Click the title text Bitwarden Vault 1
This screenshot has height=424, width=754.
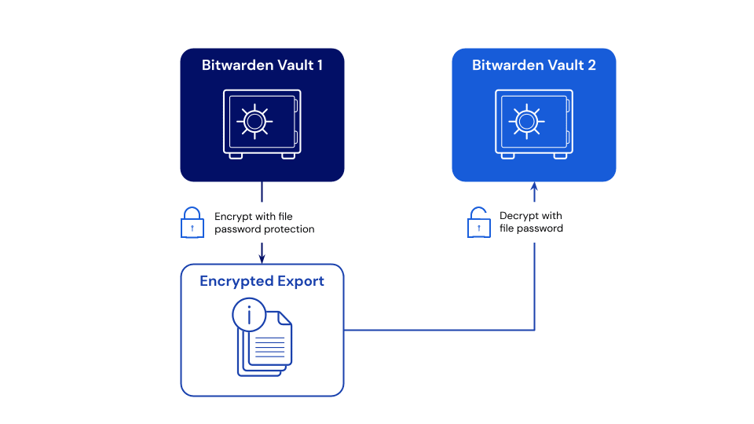tap(262, 66)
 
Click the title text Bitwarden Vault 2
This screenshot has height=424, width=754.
tap(534, 66)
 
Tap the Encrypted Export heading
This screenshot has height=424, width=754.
tap(262, 281)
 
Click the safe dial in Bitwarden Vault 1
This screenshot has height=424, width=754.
tap(254, 121)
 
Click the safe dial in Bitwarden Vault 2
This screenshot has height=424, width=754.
tap(526, 121)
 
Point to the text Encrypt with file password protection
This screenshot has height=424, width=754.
tap(264, 223)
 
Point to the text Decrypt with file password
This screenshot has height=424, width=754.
tap(532, 222)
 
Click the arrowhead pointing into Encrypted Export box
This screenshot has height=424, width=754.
tap(262, 258)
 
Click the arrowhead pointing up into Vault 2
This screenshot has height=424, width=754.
tap(534, 187)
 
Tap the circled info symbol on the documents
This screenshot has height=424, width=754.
tap(250, 316)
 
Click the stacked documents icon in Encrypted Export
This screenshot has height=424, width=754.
tap(265, 342)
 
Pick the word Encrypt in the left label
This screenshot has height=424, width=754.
tap(232, 217)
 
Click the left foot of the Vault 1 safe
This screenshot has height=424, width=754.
tap(236, 155)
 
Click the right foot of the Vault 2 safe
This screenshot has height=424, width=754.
tap(560, 155)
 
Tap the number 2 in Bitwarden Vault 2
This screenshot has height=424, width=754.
tap(591, 66)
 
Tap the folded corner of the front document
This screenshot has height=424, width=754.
tap(285, 318)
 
